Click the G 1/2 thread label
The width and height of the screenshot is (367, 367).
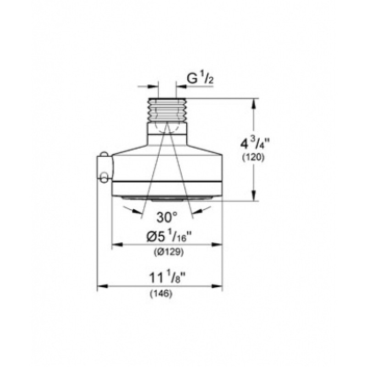[x=200, y=80]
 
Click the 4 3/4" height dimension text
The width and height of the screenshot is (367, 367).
[x=253, y=145]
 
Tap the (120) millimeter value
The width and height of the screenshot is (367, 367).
[x=253, y=157]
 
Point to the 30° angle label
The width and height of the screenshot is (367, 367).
[x=167, y=217]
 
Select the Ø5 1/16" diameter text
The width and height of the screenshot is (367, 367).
[x=167, y=237]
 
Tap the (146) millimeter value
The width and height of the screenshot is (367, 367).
[x=161, y=294]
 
